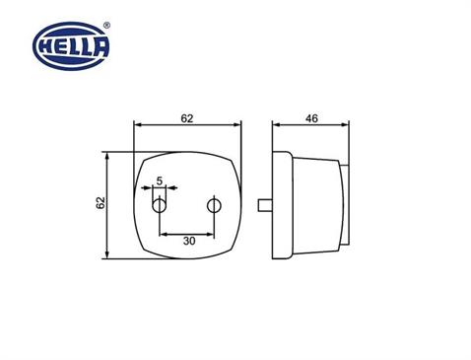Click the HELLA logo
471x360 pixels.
(x=71, y=46)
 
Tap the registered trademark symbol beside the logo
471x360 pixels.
(x=106, y=26)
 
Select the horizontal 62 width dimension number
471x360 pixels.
(x=187, y=118)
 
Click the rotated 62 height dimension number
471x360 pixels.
(x=101, y=202)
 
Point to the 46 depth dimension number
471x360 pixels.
(x=311, y=118)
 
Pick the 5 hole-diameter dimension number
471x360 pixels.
(x=160, y=180)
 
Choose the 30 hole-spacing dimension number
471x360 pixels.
(x=189, y=241)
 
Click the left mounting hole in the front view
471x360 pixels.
(x=159, y=206)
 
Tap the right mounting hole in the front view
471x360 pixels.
(x=214, y=206)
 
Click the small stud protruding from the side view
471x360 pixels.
(x=265, y=205)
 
